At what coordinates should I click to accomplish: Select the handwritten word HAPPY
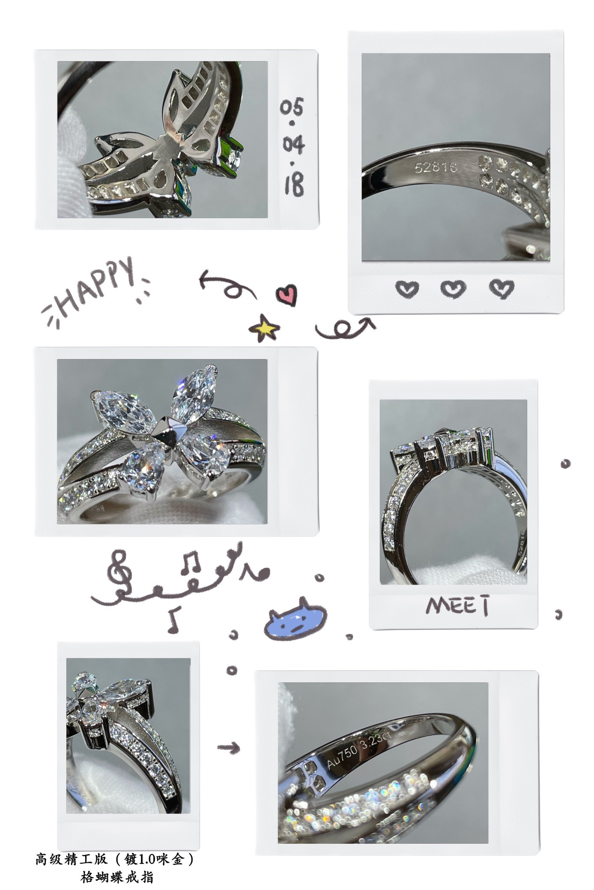(96, 291)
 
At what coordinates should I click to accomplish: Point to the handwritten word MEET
(458, 605)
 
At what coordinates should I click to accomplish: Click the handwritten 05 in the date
(292, 107)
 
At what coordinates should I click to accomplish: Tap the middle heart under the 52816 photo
(454, 289)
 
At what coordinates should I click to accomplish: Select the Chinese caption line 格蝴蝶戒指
(117, 877)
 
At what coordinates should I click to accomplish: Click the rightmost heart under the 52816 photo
(501, 289)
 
